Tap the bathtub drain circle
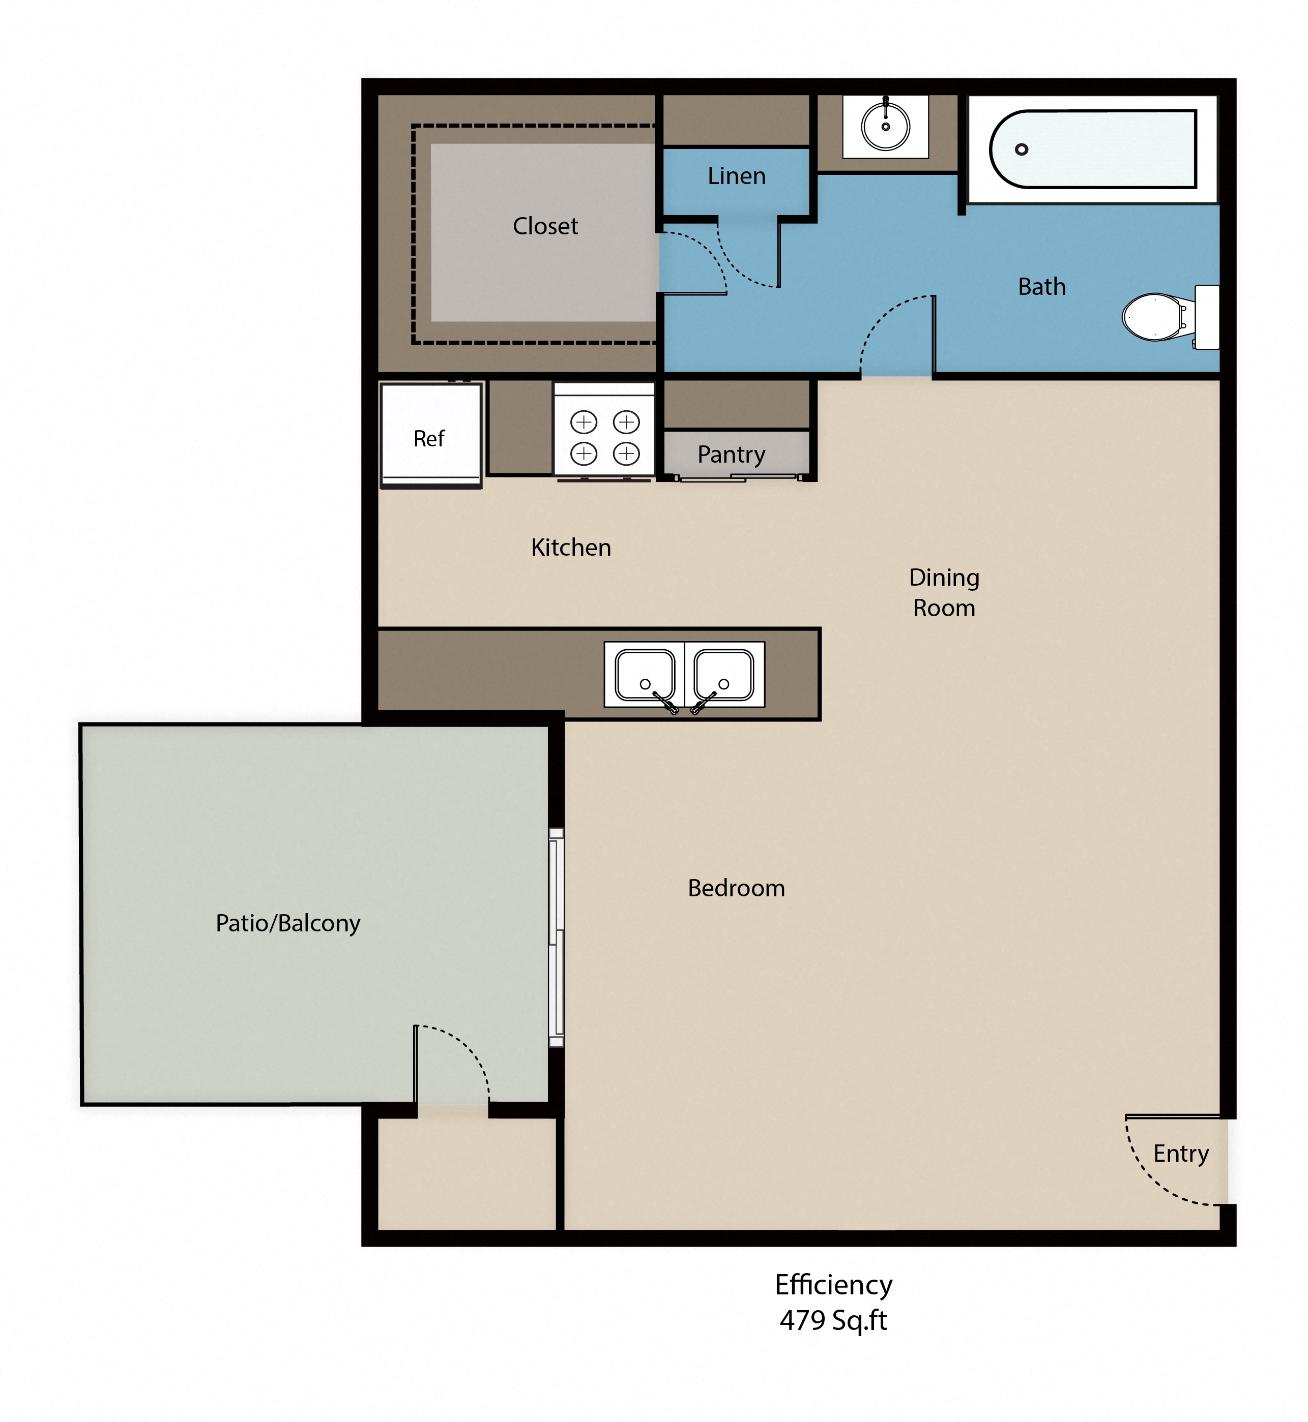[x=1022, y=149]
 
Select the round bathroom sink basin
[x=885, y=127]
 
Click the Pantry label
[x=731, y=454]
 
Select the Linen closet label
[x=736, y=176]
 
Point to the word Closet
[x=545, y=226]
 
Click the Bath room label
[x=1041, y=287]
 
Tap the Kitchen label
[x=570, y=548]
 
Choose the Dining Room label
[x=944, y=593]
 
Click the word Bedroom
[x=736, y=888]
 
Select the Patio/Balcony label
[x=288, y=923]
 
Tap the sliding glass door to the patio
[x=557, y=937]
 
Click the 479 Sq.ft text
[x=833, y=1320]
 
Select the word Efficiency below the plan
[x=833, y=1285]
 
